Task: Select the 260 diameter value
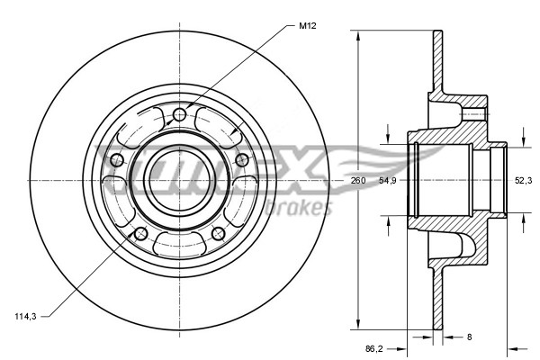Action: pyautogui.click(x=358, y=181)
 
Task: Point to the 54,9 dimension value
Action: pyautogui.click(x=388, y=181)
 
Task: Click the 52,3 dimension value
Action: pyautogui.click(x=522, y=181)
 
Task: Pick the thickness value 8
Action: pyautogui.click(x=470, y=337)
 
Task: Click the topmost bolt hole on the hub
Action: pyautogui.click(x=179, y=113)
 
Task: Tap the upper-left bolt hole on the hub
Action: pyautogui.click(x=116, y=160)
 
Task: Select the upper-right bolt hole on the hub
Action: pyautogui.click(x=241, y=159)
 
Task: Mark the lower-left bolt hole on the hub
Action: pyautogui.click(x=139, y=234)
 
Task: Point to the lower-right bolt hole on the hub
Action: pyautogui.click(x=218, y=234)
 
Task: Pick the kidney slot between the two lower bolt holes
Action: pyautogui.click(x=178, y=244)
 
